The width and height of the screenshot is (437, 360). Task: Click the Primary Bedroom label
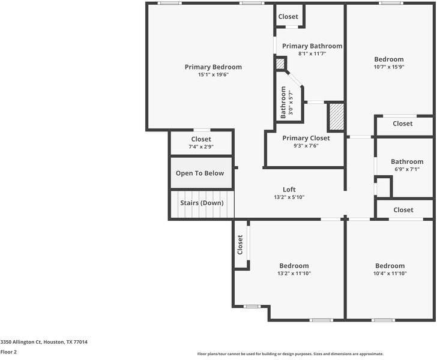click(x=213, y=67)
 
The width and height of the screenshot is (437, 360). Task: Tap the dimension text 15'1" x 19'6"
click(x=213, y=75)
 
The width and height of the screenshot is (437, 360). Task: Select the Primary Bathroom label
click(x=312, y=46)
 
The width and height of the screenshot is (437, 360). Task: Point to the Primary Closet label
click(x=306, y=138)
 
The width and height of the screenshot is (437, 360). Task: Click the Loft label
click(x=289, y=190)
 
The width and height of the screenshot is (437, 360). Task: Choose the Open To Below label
click(x=200, y=173)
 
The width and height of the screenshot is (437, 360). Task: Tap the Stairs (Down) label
click(x=202, y=203)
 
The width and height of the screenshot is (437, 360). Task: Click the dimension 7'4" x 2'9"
click(x=201, y=146)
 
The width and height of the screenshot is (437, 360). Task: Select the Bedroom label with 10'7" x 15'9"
click(x=389, y=59)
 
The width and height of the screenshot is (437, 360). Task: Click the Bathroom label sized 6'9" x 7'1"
click(x=407, y=161)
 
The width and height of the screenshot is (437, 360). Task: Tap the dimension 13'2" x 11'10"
click(x=294, y=274)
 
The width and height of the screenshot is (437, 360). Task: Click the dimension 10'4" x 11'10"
click(x=390, y=274)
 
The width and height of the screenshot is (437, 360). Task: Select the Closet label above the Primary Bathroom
click(x=289, y=17)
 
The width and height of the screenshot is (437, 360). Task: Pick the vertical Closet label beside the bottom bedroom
click(x=240, y=245)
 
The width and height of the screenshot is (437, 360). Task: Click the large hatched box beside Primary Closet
click(x=336, y=116)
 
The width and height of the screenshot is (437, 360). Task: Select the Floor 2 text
click(x=8, y=352)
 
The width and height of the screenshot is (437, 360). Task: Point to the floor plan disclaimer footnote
click(x=291, y=354)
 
